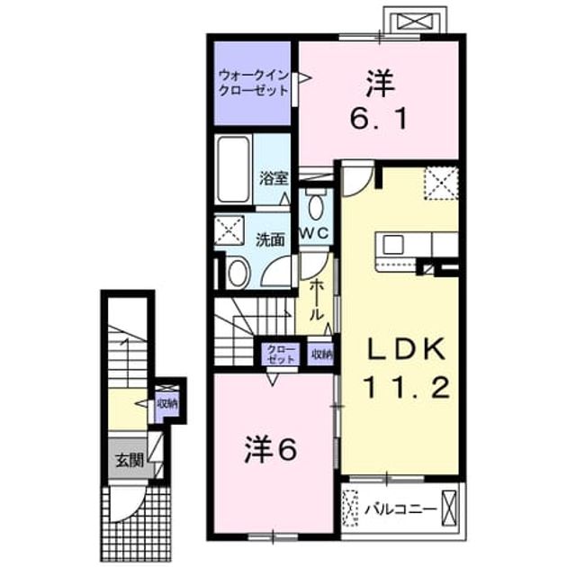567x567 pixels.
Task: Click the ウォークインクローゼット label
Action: tap(254, 83)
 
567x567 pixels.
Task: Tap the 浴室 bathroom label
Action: tap(274, 178)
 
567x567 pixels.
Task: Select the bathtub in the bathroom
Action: tap(233, 169)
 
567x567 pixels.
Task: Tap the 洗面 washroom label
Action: tap(270, 239)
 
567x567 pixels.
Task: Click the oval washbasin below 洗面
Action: tap(238, 273)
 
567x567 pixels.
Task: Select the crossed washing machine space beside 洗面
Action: tap(229, 230)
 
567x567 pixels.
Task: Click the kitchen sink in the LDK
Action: tap(393, 244)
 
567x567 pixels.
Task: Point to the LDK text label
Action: tap(406, 349)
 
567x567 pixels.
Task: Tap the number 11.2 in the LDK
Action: tap(407, 387)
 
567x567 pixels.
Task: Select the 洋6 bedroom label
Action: tap(271, 449)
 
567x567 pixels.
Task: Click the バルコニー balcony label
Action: tap(400, 510)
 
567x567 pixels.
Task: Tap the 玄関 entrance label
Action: tap(130, 461)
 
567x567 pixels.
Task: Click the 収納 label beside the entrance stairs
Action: tap(166, 403)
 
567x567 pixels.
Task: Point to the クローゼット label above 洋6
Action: tap(281, 354)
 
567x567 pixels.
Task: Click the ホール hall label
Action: tap(316, 299)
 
